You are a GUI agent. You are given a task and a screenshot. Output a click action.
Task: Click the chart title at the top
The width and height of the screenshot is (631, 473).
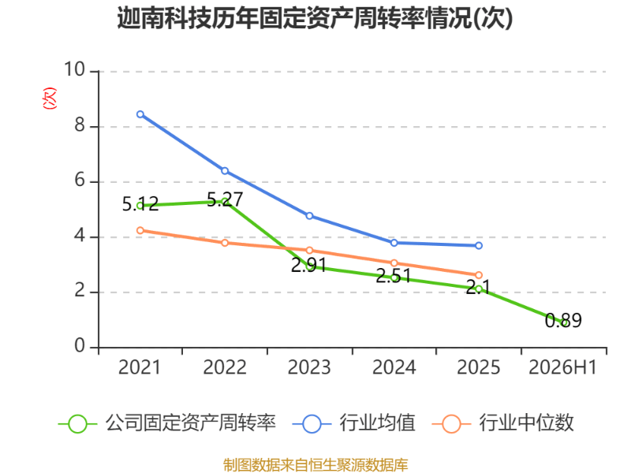[x=315, y=18]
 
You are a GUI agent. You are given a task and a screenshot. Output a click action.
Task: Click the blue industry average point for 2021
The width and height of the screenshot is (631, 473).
[x=140, y=114]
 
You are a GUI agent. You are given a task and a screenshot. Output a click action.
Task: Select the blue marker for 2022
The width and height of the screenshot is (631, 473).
[x=225, y=171]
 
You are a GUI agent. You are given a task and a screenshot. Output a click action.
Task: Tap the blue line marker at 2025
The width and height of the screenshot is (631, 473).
[x=479, y=245]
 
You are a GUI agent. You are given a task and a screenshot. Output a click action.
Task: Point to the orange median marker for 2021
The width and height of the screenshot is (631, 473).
[x=140, y=230]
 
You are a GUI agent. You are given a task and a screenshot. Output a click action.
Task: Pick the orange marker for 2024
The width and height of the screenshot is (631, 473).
[x=394, y=263]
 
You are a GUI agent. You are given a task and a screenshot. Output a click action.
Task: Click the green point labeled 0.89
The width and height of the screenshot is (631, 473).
[x=565, y=322]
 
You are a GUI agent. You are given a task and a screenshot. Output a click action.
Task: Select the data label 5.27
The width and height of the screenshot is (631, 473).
[x=225, y=199]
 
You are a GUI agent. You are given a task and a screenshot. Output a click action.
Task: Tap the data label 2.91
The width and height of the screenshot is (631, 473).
[x=308, y=266]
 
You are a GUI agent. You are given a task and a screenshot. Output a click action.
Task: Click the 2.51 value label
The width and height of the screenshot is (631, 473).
[x=393, y=276]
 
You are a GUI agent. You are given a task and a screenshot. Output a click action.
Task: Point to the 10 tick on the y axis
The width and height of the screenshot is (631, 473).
[x=74, y=69]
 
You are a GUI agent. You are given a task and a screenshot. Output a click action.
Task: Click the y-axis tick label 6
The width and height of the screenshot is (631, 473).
[x=80, y=181]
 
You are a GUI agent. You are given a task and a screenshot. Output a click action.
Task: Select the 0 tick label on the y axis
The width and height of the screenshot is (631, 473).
[x=80, y=346]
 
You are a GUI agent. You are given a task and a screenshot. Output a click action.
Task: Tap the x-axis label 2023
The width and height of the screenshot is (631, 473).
[x=309, y=367]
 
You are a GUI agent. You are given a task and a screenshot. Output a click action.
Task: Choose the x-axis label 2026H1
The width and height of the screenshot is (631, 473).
[x=562, y=367]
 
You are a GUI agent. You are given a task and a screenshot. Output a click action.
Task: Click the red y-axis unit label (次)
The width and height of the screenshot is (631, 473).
[x=50, y=98]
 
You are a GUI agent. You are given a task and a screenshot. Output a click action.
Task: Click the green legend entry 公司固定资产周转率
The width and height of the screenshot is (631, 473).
[x=167, y=423]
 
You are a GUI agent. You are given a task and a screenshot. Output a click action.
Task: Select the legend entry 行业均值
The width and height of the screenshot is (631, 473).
[x=353, y=423]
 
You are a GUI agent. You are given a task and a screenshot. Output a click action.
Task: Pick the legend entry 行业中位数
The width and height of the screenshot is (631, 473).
[x=502, y=423]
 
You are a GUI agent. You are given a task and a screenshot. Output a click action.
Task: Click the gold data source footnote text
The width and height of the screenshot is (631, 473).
[x=315, y=465]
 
